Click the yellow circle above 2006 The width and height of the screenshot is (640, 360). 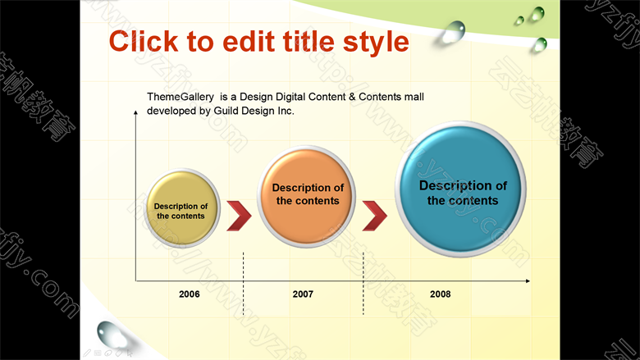coord(182,208)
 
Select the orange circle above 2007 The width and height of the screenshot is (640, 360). coord(306,197)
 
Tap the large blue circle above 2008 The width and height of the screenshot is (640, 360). coord(460,189)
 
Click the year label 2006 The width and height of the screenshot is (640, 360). coord(190,294)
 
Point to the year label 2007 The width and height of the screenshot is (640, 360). coord(303,294)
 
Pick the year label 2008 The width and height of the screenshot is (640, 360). coord(440,294)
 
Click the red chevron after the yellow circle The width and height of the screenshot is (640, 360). coord(240,216)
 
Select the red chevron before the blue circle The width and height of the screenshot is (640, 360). coord(375,216)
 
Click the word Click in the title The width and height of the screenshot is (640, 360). coord(144,42)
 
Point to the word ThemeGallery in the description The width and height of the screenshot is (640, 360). coord(180,97)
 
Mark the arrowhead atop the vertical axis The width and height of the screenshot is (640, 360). coord(136,112)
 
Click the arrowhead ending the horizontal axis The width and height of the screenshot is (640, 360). coord(528,281)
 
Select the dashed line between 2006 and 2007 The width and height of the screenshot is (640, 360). coord(243,284)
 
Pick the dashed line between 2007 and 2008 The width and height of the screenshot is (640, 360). coord(363,284)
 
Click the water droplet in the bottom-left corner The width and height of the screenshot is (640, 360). coord(111,334)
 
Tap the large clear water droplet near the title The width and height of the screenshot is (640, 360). coord(454,32)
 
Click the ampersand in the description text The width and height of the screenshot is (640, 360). coord(352,97)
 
